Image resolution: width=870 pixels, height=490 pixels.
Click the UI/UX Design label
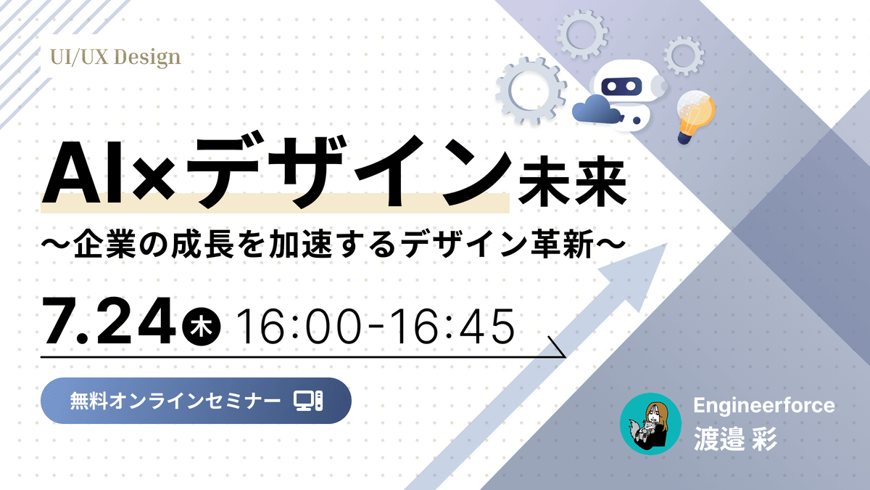(x=115, y=57)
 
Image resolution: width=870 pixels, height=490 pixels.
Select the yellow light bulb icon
(x=695, y=117)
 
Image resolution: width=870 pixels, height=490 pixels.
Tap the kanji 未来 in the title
(x=572, y=181)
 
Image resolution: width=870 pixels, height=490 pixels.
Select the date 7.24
(x=107, y=322)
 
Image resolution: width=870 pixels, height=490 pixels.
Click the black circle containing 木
(x=202, y=326)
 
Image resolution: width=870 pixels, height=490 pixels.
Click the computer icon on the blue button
(x=308, y=401)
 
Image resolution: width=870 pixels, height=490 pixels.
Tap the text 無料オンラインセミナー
(x=175, y=401)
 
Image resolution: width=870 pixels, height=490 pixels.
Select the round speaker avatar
(x=650, y=424)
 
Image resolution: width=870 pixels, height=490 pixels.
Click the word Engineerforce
(x=764, y=405)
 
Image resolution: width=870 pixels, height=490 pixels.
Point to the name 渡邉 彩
(x=735, y=438)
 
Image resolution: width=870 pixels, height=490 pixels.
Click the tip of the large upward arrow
(x=667, y=244)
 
